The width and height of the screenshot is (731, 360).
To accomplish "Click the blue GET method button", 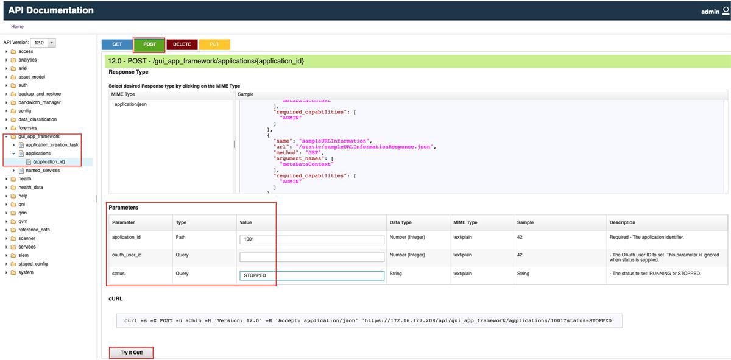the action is point(117,44).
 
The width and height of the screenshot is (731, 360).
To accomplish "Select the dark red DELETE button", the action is point(182,44).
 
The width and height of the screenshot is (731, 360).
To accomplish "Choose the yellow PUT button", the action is point(214,44).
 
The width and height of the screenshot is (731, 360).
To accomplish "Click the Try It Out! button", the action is point(131,353).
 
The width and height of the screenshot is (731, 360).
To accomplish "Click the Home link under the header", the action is point(17,27).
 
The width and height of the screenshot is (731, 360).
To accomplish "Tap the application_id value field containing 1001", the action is point(311,239).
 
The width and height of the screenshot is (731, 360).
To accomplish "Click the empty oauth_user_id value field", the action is point(311,257).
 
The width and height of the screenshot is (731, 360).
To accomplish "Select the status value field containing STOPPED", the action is point(311,275).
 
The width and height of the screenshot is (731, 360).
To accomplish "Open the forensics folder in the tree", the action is point(27,128).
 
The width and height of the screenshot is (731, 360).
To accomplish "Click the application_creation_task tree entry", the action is point(52,145).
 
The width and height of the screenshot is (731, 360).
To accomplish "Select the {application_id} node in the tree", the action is point(49,162).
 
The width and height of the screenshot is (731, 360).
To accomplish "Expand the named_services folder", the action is point(43,171).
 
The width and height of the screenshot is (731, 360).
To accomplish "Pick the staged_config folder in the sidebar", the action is point(33,264).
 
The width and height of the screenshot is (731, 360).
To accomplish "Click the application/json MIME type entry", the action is point(130,104).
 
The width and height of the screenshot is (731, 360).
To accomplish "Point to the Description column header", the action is point(622,222).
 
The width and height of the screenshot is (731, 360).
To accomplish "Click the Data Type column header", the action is point(401,222).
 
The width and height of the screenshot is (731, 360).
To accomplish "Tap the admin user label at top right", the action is point(710,12).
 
